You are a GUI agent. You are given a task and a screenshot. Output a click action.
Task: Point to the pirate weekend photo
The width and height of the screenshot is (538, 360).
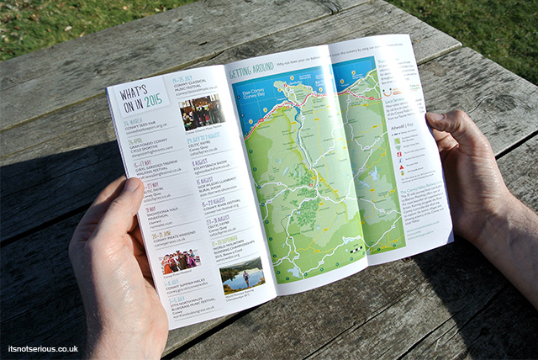[x=181, y=262]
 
